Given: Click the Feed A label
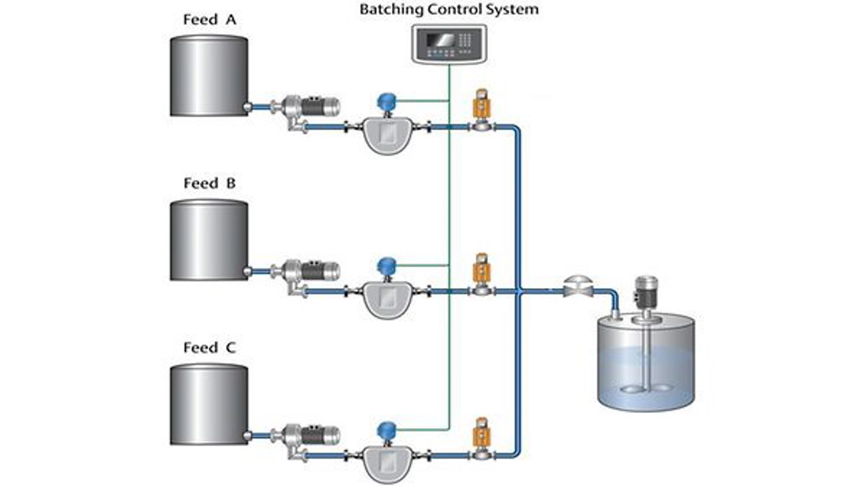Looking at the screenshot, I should point(209,20).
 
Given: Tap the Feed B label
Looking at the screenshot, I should point(209,183).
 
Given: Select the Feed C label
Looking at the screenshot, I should point(209,347).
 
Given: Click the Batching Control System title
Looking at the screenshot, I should point(449,9).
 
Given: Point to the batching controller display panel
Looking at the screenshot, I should point(449,44).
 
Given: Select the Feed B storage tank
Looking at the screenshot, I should point(209,240).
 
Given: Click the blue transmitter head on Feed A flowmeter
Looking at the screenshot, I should point(387,101).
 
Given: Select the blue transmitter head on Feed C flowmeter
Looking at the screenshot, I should point(387,430).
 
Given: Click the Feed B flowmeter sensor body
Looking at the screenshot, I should point(387,299).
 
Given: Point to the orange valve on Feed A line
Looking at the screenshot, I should point(481,106).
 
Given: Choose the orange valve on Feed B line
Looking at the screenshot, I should point(481,270).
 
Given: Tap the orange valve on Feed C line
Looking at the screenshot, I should point(481,435).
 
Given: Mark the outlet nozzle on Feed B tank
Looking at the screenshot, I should point(247,271).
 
